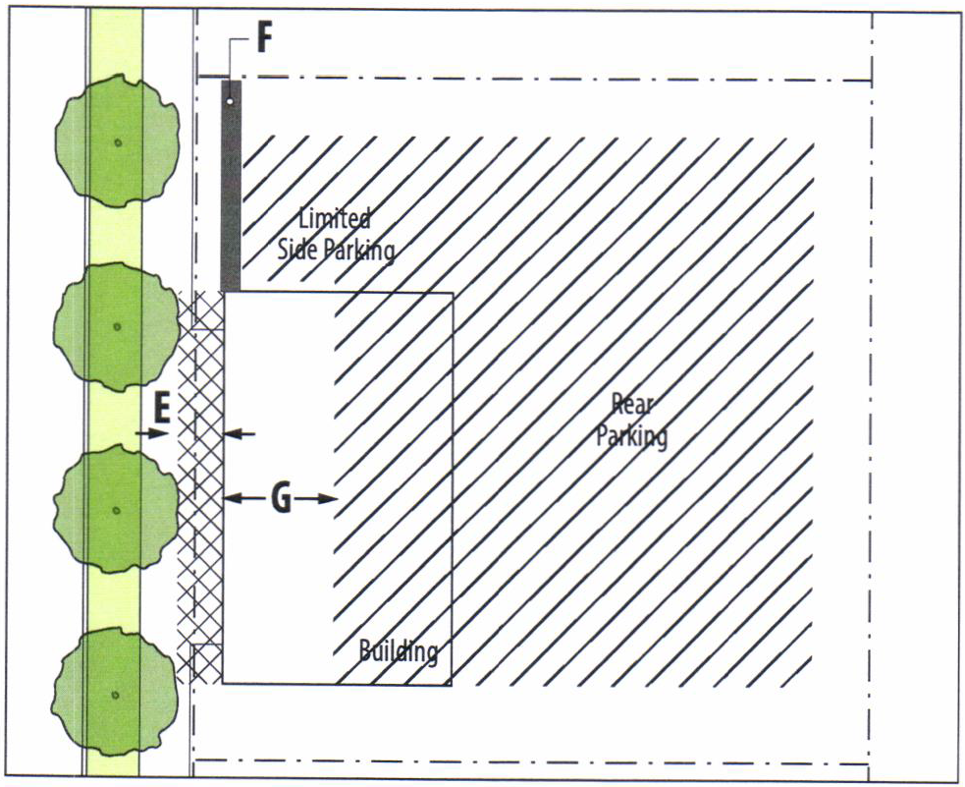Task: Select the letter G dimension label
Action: tap(280, 499)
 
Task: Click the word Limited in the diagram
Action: tap(334, 218)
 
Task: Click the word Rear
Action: tap(632, 403)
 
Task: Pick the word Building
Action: tap(398, 650)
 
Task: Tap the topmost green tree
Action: tap(117, 141)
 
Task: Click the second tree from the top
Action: tap(117, 325)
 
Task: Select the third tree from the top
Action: tap(117, 509)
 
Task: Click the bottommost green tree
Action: tap(117, 694)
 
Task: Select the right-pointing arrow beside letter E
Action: tap(150, 433)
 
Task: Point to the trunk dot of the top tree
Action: tap(117, 143)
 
